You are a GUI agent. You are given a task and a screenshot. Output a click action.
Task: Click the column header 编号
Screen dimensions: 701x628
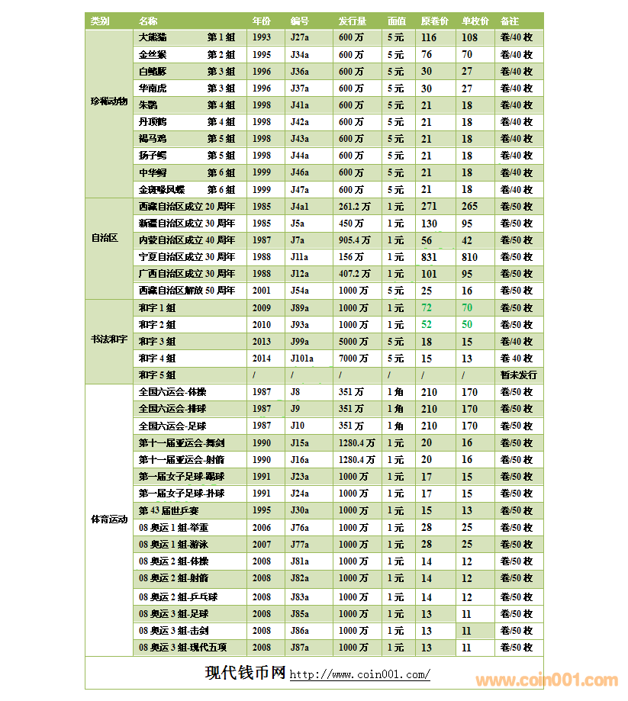coord(299,21)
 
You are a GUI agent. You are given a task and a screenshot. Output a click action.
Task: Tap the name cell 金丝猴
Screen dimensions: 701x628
coord(153,55)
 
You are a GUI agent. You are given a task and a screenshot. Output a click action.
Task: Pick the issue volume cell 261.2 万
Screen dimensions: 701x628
coord(355,207)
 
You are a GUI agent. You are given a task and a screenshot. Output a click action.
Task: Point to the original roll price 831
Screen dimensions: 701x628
coord(429,258)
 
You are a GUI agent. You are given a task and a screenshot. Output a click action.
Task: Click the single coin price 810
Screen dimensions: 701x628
coord(469,258)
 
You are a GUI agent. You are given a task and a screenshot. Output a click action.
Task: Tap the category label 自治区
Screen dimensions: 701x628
coord(105,238)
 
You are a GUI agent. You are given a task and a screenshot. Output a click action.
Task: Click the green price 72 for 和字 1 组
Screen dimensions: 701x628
coord(427,307)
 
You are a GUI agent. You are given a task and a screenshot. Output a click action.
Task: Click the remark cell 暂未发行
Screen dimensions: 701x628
coord(518,375)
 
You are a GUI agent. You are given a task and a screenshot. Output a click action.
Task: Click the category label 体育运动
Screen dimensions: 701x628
coord(108,519)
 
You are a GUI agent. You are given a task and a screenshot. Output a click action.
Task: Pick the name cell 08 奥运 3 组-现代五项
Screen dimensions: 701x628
coord(183,648)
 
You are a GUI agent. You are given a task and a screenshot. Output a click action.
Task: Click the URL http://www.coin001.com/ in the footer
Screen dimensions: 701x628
coord(359,675)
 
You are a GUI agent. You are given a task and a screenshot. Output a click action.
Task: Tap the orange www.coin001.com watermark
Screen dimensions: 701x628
coord(546,680)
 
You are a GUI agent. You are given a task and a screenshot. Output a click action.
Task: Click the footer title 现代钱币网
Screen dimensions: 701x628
coord(245,674)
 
